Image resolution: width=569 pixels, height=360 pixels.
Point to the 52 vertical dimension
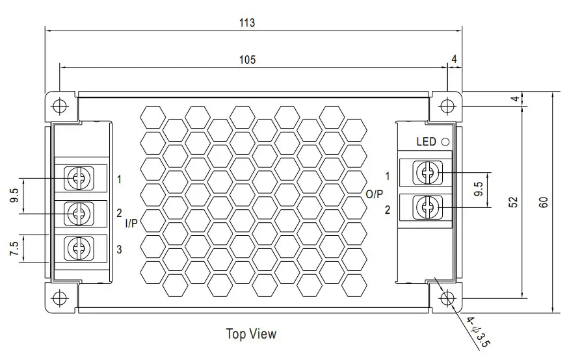click(513, 201)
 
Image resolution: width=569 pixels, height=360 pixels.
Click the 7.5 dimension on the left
click(13, 249)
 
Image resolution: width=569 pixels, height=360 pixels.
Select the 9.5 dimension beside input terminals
click(13, 196)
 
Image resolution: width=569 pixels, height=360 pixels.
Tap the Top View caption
click(251, 334)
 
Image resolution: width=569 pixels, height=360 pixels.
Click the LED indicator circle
click(445, 142)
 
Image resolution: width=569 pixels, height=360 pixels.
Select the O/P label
click(375, 193)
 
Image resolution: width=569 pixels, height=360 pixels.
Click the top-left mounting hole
click(59, 105)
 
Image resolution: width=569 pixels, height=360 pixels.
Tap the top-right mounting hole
click(447, 105)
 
